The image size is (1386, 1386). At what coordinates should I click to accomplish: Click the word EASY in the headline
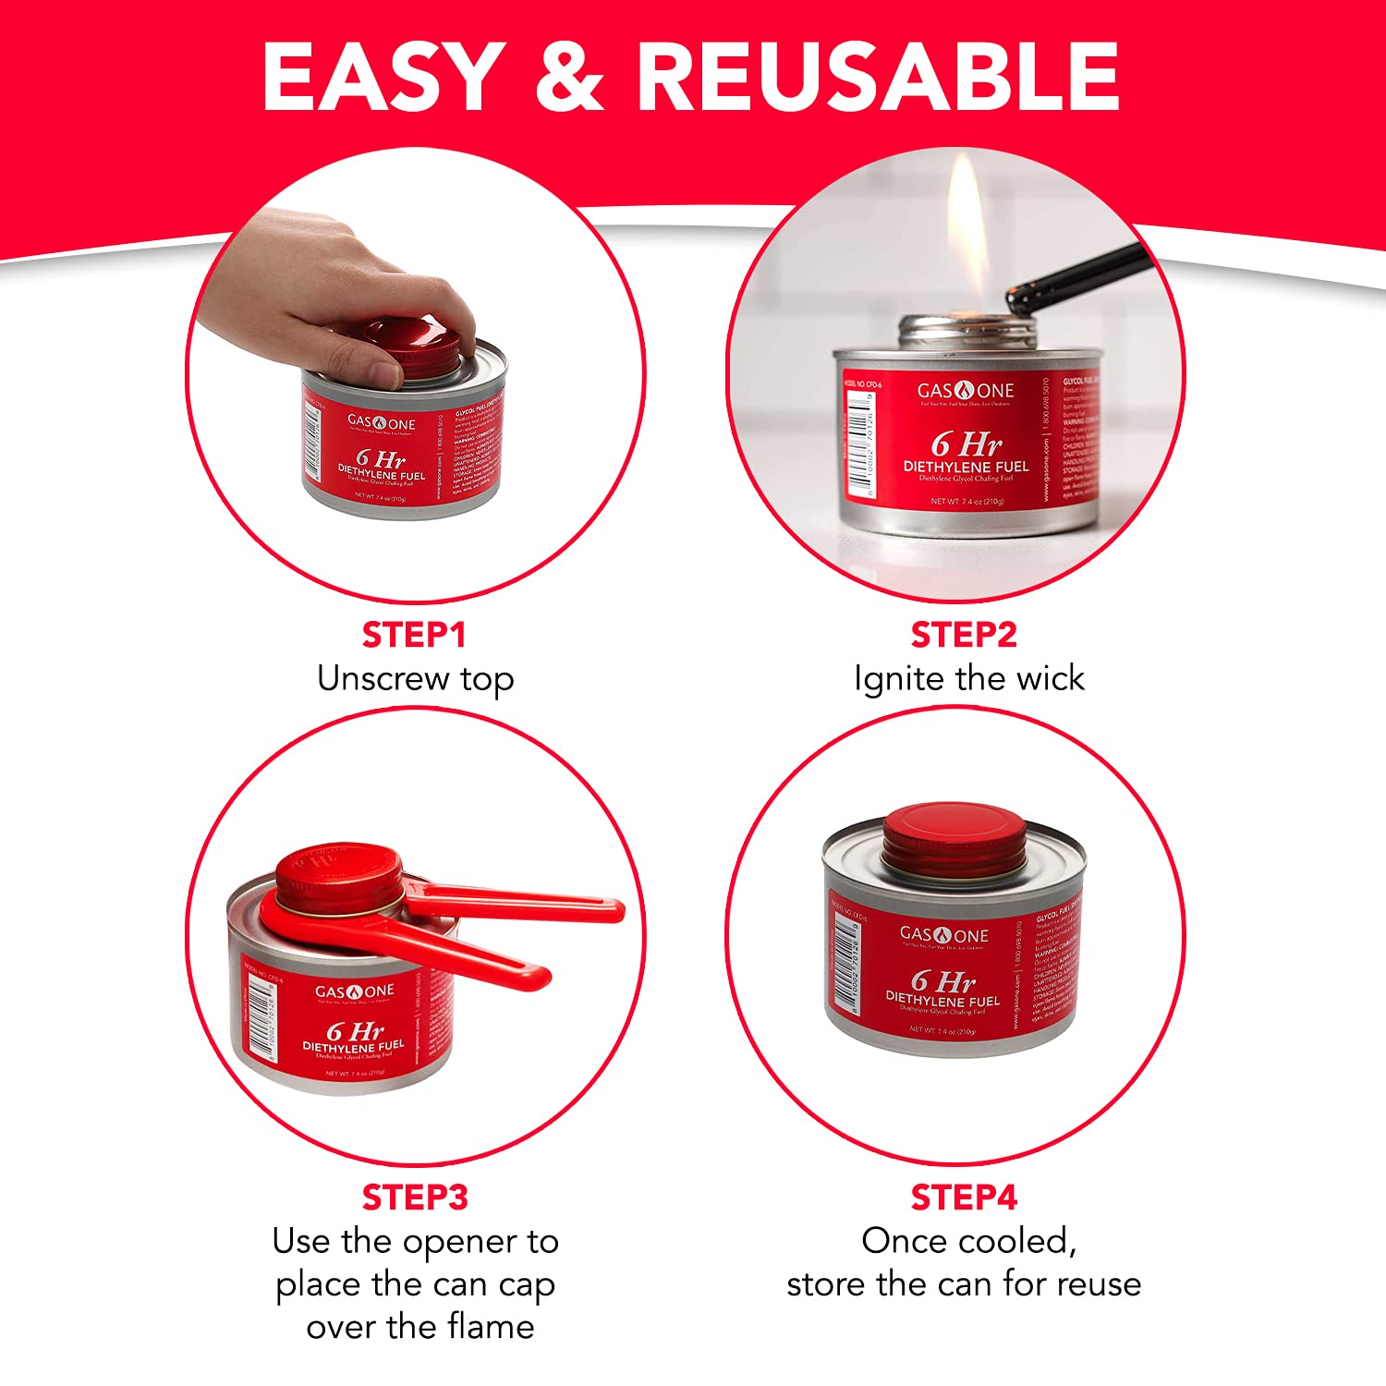tap(382, 78)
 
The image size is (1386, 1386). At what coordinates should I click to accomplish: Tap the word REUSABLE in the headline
tap(878, 78)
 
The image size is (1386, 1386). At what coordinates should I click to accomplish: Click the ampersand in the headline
tap(568, 78)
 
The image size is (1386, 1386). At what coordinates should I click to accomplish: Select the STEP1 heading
tap(414, 636)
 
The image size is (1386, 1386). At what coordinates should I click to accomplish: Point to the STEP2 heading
tap(964, 636)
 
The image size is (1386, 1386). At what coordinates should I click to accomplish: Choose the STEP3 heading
tap(415, 1198)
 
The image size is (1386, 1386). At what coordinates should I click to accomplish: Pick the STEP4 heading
tap(964, 1198)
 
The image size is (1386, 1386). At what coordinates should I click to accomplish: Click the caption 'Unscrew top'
tap(415, 679)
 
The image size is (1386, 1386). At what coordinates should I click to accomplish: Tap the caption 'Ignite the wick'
tap(968, 679)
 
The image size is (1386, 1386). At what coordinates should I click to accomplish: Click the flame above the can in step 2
tap(967, 231)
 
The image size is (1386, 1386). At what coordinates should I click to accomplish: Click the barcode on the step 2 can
tap(858, 444)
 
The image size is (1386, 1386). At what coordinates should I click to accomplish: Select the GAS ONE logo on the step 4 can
tap(943, 935)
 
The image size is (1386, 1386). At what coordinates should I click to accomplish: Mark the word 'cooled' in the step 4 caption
tap(1025, 1242)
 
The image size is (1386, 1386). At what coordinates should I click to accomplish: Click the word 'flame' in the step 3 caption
tap(491, 1327)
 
